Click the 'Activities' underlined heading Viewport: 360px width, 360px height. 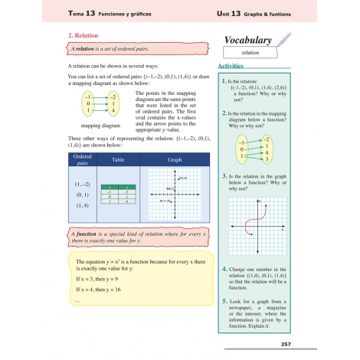point(232,67)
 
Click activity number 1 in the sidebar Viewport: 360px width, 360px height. point(223,80)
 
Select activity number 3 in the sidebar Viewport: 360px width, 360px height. point(224,175)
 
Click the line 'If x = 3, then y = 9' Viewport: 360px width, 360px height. point(103,280)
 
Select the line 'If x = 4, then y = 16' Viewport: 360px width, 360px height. point(105,290)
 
